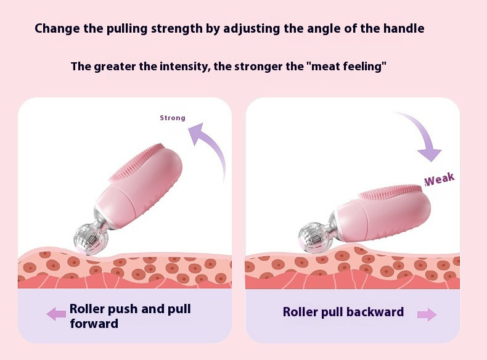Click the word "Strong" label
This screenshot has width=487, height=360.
pyautogui.click(x=173, y=118)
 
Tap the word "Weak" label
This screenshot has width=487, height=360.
pyautogui.click(x=440, y=179)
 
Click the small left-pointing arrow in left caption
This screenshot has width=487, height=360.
pyautogui.click(x=56, y=314)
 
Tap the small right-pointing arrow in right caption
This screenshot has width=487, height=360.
pyautogui.click(x=427, y=314)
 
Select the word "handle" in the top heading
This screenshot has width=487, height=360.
pyautogui.click(x=404, y=28)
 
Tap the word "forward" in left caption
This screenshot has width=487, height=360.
pyautogui.click(x=94, y=324)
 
